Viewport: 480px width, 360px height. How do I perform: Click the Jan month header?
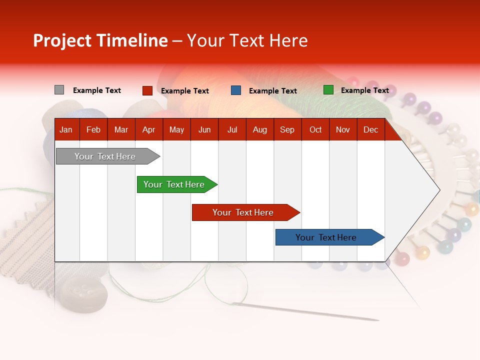click(x=66, y=130)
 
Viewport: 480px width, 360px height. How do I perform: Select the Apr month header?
click(x=148, y=130)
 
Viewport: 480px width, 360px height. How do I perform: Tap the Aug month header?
click(x=259, y=130)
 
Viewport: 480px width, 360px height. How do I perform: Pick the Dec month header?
click(x=370, y=130)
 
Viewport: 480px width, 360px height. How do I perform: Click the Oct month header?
click(x=315, y=130)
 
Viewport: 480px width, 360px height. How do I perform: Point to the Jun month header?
click(x=204, y=130)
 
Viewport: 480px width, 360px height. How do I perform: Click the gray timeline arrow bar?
click(x=105, y=156)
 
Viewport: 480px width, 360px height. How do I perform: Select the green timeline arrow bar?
click(x=174, y=184)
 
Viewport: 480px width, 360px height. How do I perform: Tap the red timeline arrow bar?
click(x=243, y=212)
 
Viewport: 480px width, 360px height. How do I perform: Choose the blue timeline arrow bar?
click(x=326, y=237)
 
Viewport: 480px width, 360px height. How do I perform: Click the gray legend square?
click(x=59, y=90)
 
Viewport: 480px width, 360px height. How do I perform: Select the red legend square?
click(x=147, y=90)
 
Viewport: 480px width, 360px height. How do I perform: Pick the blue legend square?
click(x=236, y=90)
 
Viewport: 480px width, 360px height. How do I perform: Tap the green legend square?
click(x=328, y=90)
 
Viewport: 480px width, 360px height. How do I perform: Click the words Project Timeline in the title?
click(x=100, y=40)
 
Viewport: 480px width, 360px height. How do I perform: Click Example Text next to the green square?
click(x=364, y=90)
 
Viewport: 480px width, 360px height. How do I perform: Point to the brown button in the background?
click(x=84, y=293)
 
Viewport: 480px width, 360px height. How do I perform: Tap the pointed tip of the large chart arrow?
click(x=439, y=190)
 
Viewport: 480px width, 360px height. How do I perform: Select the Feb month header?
click(x=93, y=130)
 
